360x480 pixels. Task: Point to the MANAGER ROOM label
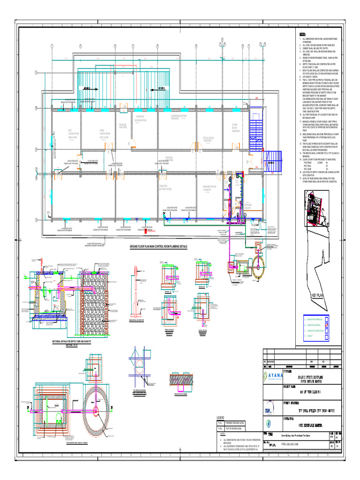[x=209, y=188]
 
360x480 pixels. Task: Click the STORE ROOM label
[x=236, y=128]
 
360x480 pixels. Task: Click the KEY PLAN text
[x=317, y=296]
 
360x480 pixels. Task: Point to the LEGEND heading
[x=221, y=417]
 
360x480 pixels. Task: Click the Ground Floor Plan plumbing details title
[x=158, y=246]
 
